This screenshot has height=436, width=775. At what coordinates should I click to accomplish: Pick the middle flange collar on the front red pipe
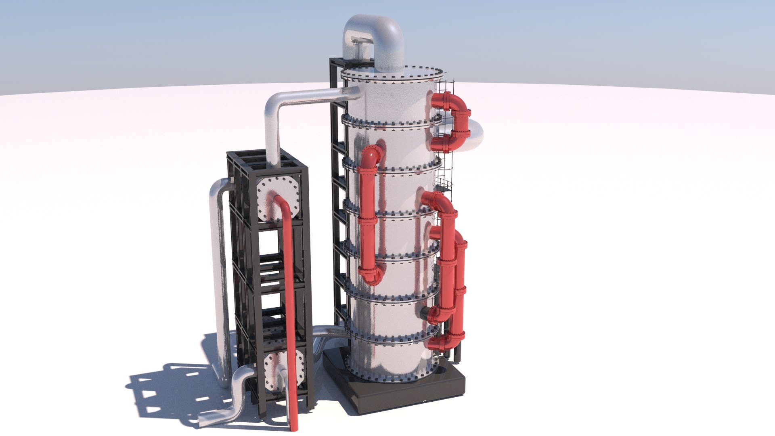(368, 220)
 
